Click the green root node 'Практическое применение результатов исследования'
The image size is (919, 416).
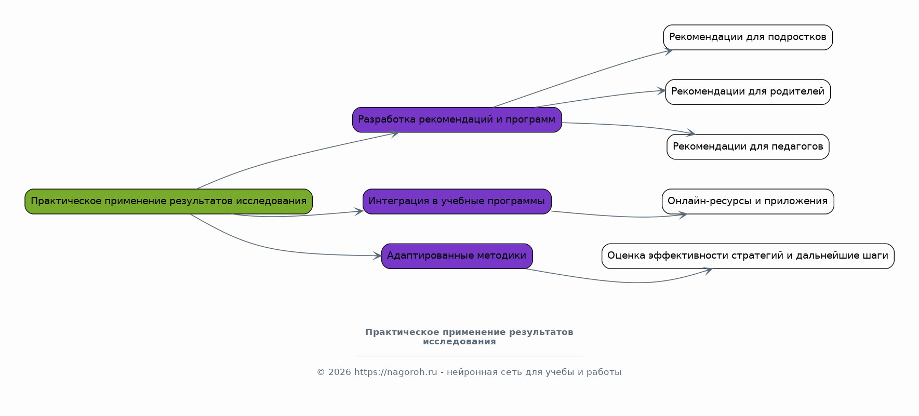[x=169, y=202]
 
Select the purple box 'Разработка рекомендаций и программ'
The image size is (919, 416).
[x=457, y=120]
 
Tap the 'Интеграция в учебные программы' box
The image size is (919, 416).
[x=457, y=202]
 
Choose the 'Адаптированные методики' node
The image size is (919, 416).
[x=457, y=256]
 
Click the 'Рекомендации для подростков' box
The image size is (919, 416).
[x=748, y=37]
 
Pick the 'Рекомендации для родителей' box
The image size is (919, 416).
[x=748, y=92]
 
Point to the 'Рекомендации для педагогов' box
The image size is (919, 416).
[x=748, y=147]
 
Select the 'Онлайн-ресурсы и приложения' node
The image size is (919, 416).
[x=748, y=202]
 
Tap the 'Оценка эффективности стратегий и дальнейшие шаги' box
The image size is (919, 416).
[x=748, y=256]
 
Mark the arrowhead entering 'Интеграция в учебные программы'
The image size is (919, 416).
[x=359, y=211]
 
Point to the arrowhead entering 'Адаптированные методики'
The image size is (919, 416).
[x=377, y=256]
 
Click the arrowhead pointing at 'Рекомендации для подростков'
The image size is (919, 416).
[x=669, y=50]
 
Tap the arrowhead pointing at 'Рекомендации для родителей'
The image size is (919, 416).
[x=661, y=91]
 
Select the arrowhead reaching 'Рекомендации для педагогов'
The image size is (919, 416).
[x=690, y=133]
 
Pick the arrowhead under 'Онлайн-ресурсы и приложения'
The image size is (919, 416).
[x=683, y=214]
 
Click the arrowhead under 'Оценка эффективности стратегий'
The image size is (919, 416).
[x=708, y=270]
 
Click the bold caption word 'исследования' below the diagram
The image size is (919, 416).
[x=459, y=342]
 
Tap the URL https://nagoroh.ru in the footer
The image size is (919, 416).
[x=396, y=372]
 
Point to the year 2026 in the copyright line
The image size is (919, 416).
[x=340, y=372]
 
